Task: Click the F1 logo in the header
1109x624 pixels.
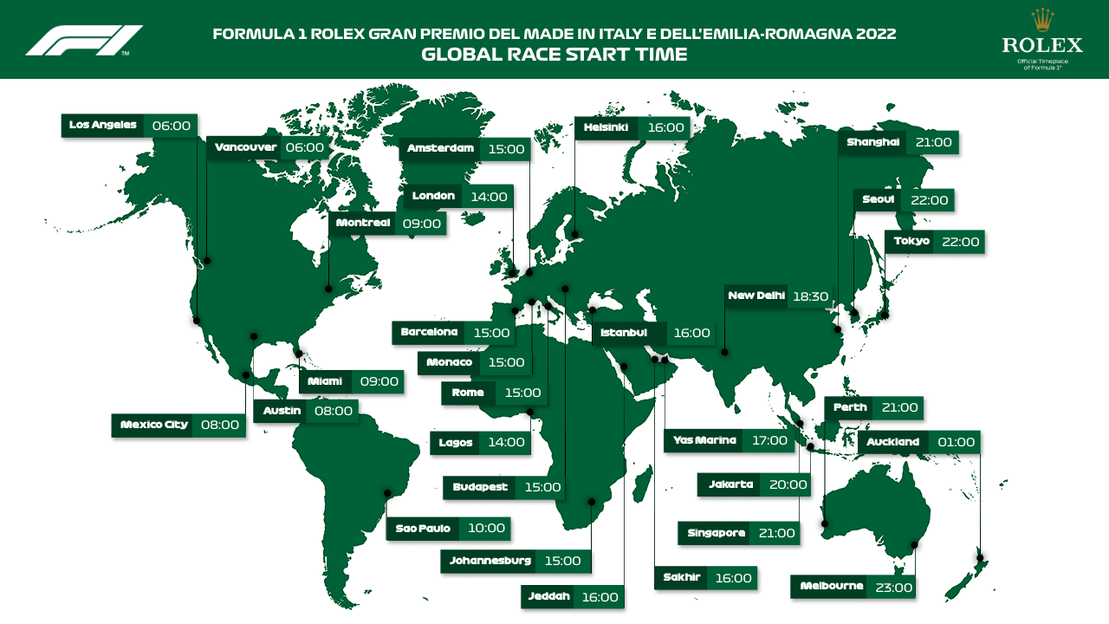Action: pyautogui.click(x=84, y=40)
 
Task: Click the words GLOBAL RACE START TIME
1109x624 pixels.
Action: pyautogui.click(x=554, y=55)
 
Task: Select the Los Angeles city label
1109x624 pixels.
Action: pyautogui.click(x=103, y=126)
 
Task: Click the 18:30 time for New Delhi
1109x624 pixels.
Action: pyautogui.click(x=811, y=296)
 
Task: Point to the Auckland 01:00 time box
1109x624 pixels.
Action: pyautogui.click(x=956, y=442)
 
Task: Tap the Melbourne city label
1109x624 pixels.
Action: pyautogui.click(x=832, y=587)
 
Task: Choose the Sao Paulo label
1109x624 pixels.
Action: pyautogui.click(x=423, y=529)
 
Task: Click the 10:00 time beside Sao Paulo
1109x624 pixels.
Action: pyautogui.click(x=485, y=529)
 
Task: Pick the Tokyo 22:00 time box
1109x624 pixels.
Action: pyautogui.click(x=958, y=242)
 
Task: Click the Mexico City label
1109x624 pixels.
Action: pyautogui.click(x=153, y=426)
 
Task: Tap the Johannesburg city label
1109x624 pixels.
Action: pyautogui.click(x=490, y=561)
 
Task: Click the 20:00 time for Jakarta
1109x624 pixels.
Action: pyautogui.click(x=788, y=484)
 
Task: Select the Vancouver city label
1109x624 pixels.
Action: pyautogui.click(x=245, y=148)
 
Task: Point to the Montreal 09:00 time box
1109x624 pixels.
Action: pyautogui.click(x=420, y=224)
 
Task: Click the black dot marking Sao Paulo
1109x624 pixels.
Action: pyautogui.click(x=388, y=493)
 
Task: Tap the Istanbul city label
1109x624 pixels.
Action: pyautogui.click(x=629, y=334)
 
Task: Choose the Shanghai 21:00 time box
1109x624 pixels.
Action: pyautogui.click(x=932, y=143)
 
